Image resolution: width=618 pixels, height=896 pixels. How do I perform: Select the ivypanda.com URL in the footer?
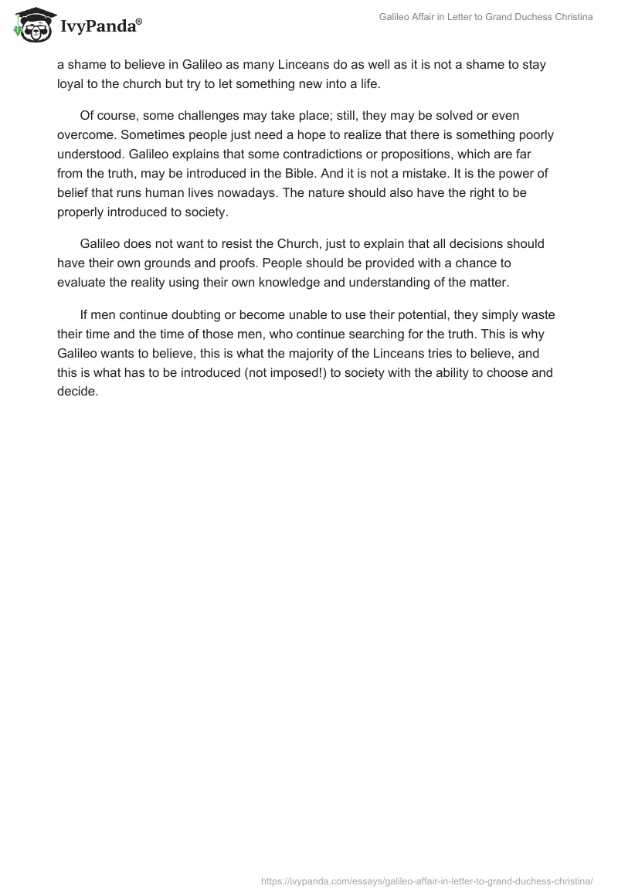[427, 880]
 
